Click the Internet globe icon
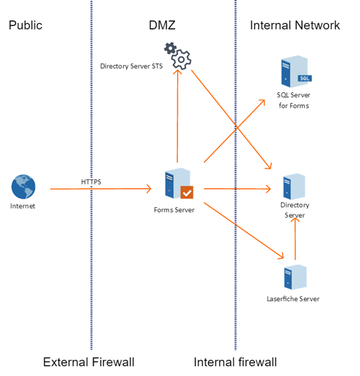[x=23, y=186]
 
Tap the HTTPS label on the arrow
[x=91, y=182]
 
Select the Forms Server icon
[x=179, y=184]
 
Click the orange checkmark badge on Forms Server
[x=187, y=192]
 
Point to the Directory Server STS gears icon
[x=178, y=56]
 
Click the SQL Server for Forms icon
[x=296, y=72]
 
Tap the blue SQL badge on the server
[x=305, y=78]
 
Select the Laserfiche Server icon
[x=295, y=277]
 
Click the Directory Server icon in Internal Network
[x=294, y=186]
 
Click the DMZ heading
[x=162, y=25]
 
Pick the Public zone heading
[x=26, y=25]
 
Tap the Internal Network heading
[x=295, y=25]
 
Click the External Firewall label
[x=89, y=362]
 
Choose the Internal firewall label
[x=235, y=362]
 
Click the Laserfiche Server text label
[x=293, y=299]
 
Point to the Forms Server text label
[x=174, y=210]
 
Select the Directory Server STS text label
[x=131, y=66]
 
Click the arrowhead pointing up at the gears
[x=178, y=72]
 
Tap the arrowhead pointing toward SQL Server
[x=262, y=102]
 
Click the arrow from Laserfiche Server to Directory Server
[x=295, y=239]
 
